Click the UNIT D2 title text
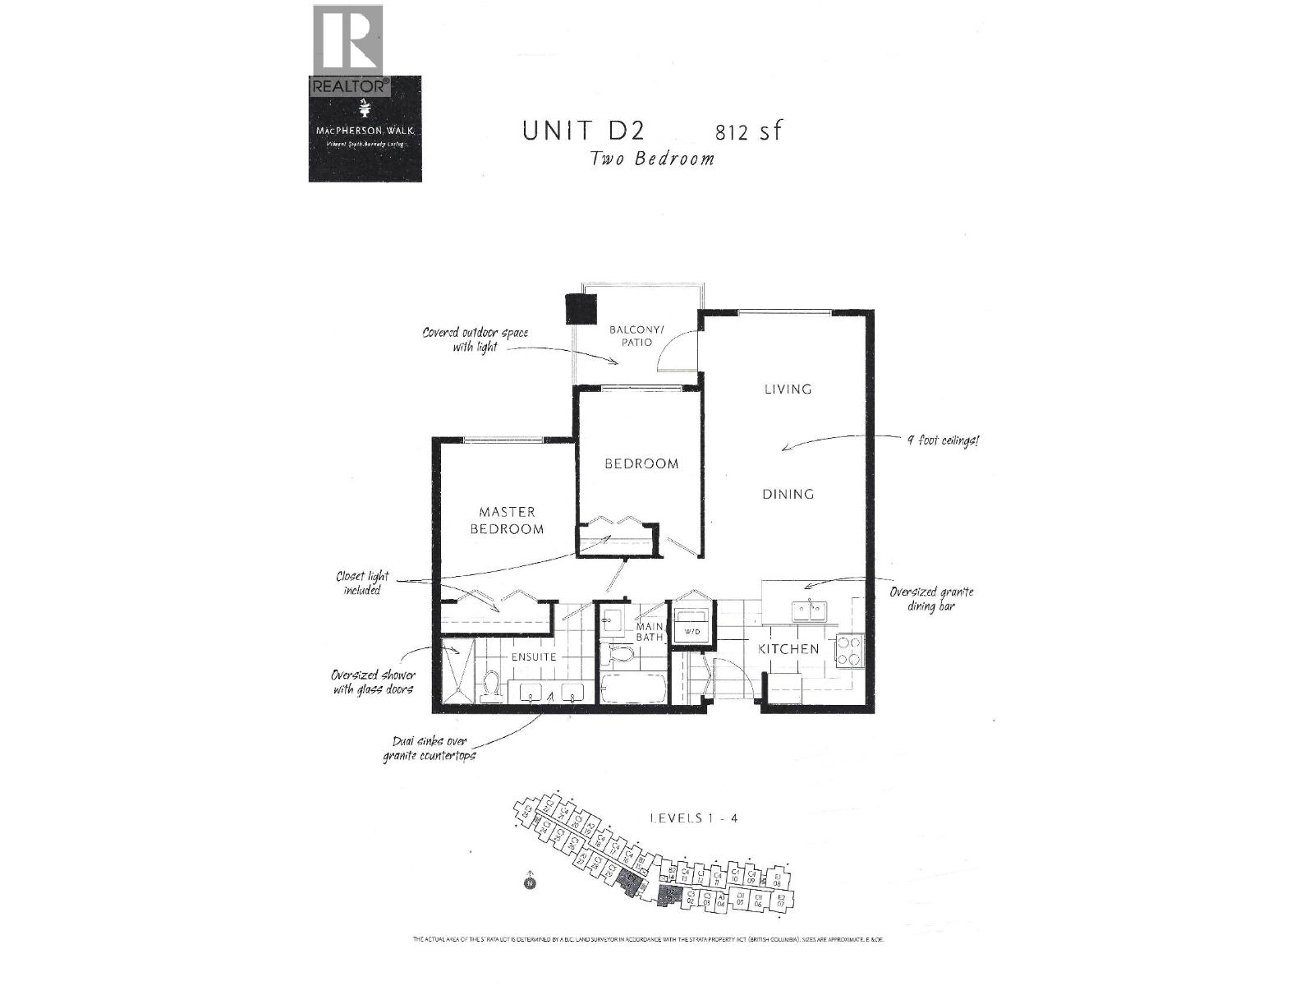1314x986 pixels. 583,131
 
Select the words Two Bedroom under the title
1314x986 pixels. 652,159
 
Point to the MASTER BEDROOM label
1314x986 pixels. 507,520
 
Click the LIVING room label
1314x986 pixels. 788,389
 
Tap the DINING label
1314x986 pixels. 788,494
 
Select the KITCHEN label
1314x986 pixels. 788,648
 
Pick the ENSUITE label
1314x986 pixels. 534,657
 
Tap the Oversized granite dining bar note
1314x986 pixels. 932,598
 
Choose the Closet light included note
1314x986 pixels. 362,583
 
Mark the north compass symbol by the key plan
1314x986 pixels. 530,883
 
